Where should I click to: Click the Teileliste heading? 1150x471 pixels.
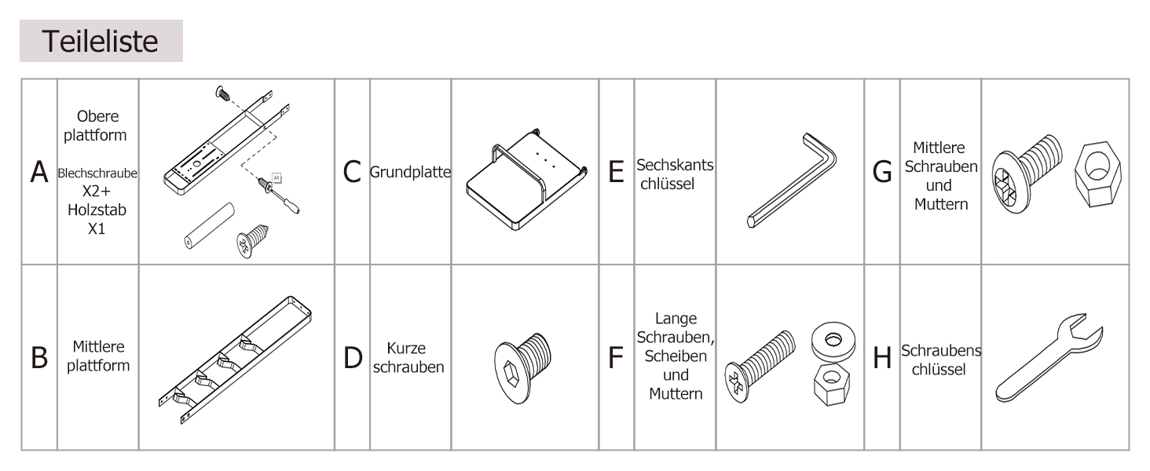[100, 42]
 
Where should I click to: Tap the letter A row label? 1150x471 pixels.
[39, 172]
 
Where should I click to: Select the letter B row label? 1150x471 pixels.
[39, 358]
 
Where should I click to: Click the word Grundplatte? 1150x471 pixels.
[410, 173]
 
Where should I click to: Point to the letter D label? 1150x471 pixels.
[353, 358]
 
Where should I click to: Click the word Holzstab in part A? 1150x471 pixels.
[97, 210]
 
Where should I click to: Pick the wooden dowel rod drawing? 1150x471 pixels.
[210, 226]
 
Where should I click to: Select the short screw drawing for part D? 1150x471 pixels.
[522, 368]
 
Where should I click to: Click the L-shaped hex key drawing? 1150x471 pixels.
[792, 180]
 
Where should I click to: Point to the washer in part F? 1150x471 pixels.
[833, 340]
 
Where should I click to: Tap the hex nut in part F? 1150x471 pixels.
[832, 385]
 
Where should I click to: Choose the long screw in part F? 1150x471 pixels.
[760, 366]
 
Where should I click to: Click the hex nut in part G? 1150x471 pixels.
[1097, 174]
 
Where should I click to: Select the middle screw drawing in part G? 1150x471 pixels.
[1026, 173]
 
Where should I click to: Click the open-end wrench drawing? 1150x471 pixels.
[1049, 358]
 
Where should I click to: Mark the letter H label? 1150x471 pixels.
[882, 358]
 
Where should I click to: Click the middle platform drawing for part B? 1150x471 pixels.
[235, 360]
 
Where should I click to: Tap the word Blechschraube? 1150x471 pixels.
[97, 173]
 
